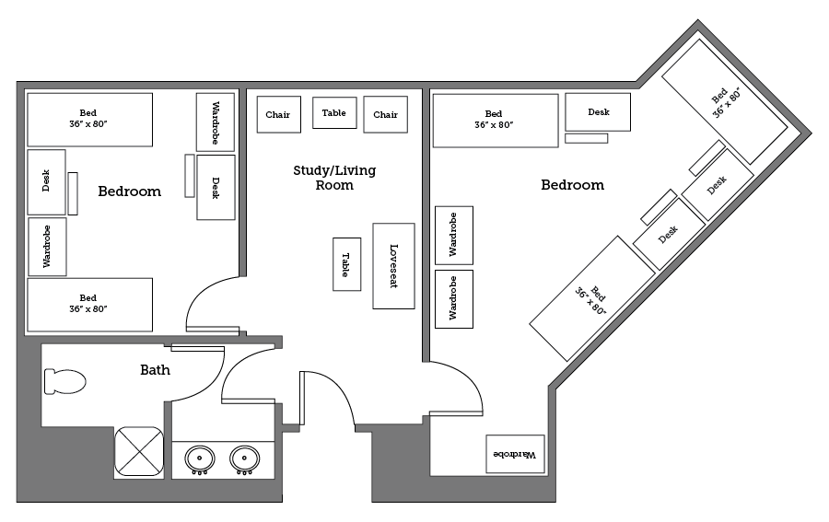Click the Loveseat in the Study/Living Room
click(x=393, y=266)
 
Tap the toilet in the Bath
click(x=64, y=381)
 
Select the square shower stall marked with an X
click(x=139, y=452)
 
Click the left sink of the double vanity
click(x=200, y=458)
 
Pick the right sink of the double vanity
click(x=244, y=458)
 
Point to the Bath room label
click(x=155, y=370)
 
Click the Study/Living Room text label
click(x=334, y=178)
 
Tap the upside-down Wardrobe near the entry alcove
click(x=515, y=454)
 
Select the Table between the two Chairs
click(x=334, y=113)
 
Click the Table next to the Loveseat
click(x=346, y=264)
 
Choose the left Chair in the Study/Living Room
click(x=278, y=115)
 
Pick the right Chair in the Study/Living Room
click(x=385, y=115)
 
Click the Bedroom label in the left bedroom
click(x=129, y=191)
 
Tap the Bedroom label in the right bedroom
click(x=572, y=185)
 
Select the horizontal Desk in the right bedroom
click(x=598, y=112)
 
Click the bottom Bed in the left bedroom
click(x=88, y=305)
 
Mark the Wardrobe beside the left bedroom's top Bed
click(x=216, y=122)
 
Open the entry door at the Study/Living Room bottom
click(x=326, y=400)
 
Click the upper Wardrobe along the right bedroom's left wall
click(x=453, y=235)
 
